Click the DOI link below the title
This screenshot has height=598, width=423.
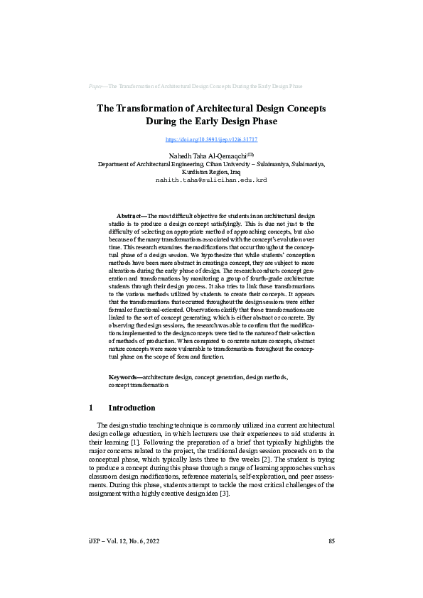pos(211,140)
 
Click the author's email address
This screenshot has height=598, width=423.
pos(211,180)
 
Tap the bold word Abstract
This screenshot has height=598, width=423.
pos(131,214)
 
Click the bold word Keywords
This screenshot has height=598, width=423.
pos(124,377)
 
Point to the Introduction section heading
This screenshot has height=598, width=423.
pos(132,408)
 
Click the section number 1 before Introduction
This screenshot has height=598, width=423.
pos(91,408)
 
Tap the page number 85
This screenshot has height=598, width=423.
pos(331,562)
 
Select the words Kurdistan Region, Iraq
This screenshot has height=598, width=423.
pos(211,172)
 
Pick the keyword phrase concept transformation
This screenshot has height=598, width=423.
pos(139,385)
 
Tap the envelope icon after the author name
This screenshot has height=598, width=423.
pos(250,153)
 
